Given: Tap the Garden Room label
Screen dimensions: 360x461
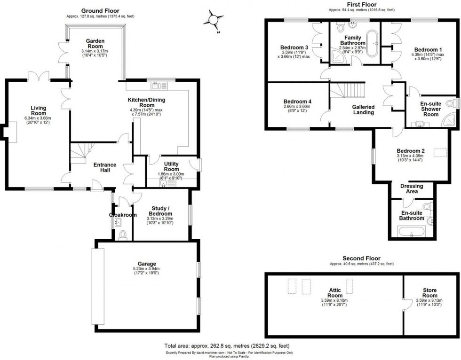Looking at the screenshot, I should pos(92,44).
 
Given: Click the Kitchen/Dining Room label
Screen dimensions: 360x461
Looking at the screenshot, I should pos(147,103).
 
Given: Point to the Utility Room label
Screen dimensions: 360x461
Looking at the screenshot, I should pos(171,166).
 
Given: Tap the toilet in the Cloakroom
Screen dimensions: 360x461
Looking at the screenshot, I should pos(123,235).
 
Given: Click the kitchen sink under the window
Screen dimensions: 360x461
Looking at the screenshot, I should pos(157,86).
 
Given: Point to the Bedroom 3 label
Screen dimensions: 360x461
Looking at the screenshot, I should pos(294,47).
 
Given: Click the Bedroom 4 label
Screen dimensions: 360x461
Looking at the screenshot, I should pos(297,102).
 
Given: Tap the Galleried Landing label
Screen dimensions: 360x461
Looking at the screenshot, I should pos(363,110).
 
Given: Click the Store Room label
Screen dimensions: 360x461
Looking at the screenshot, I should pos(429,293).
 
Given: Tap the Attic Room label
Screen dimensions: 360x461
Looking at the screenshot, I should pos(335,293).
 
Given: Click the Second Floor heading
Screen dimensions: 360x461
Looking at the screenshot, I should pos(361,258).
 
